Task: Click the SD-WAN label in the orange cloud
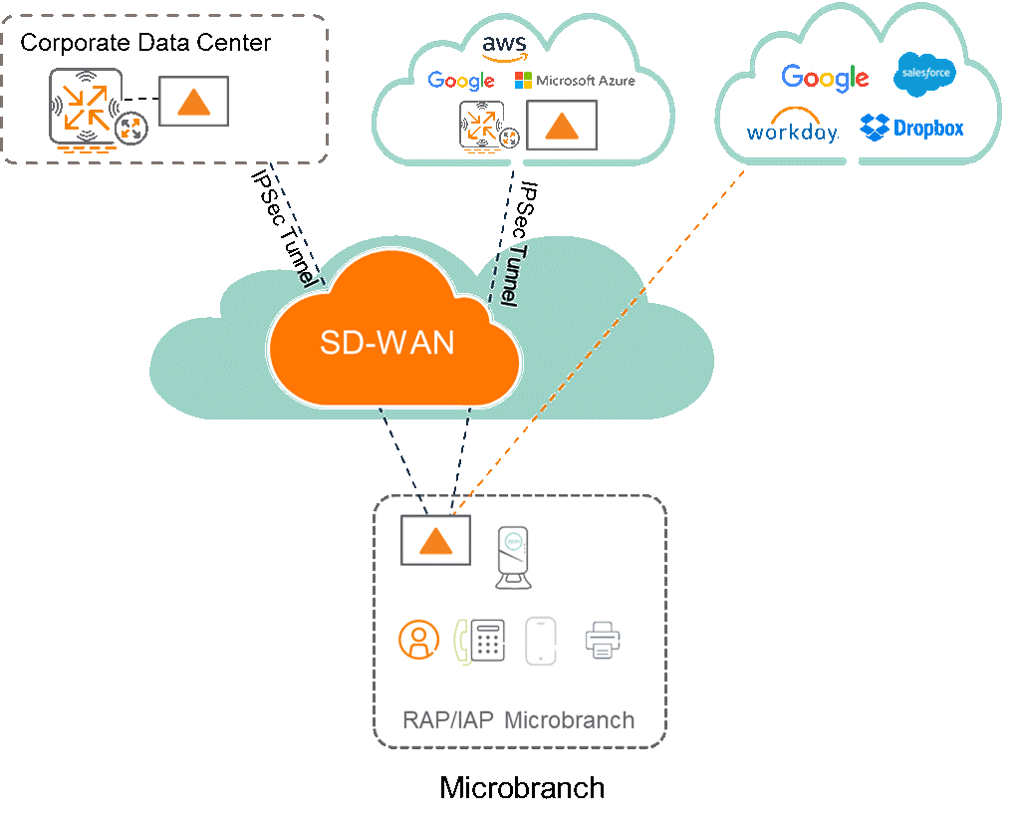pos(386,343)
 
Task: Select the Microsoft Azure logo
pos(575,81)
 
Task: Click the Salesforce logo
pos(925,75)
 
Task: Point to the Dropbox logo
pos(912,128)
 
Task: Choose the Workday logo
pos(792,128)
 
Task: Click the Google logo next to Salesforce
pos(825,78)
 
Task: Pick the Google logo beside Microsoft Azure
pos(461,81)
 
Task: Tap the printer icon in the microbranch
pos(603,640)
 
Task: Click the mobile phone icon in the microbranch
pos(541,640)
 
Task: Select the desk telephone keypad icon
pos(486,640)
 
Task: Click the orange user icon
pos(418,640)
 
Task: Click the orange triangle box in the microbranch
pos(435,541)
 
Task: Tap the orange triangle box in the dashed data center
pos(194,102)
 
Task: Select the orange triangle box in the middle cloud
pos(562,125)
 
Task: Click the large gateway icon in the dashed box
pos(86,107)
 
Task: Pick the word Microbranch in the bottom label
pos(569,720)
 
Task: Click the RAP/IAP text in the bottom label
pos(448,720)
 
